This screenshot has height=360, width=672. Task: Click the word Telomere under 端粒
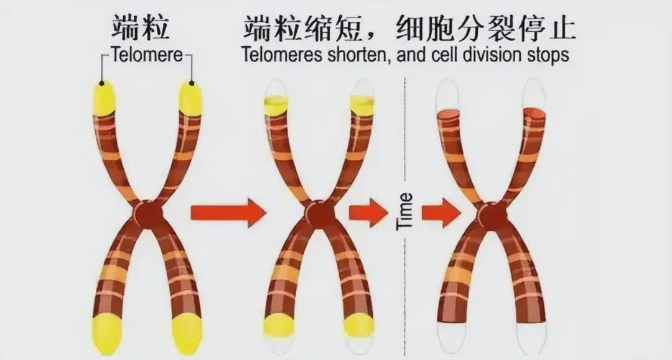(x=147, y=55)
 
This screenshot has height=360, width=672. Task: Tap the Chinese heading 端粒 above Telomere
(x=141, y=28)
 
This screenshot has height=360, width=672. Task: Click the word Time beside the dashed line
(x=405, y=211)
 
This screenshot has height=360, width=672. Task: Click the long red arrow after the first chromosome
(x=228, y=213)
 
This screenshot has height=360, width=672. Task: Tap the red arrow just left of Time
(x=368, y=213)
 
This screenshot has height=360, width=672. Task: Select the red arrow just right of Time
(x=441, y=213)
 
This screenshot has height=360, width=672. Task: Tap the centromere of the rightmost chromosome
(x=490, y=215)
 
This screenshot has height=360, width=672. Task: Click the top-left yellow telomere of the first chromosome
(x=105, y=98)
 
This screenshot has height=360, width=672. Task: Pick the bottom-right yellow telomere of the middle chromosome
(x=359, y=325)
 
